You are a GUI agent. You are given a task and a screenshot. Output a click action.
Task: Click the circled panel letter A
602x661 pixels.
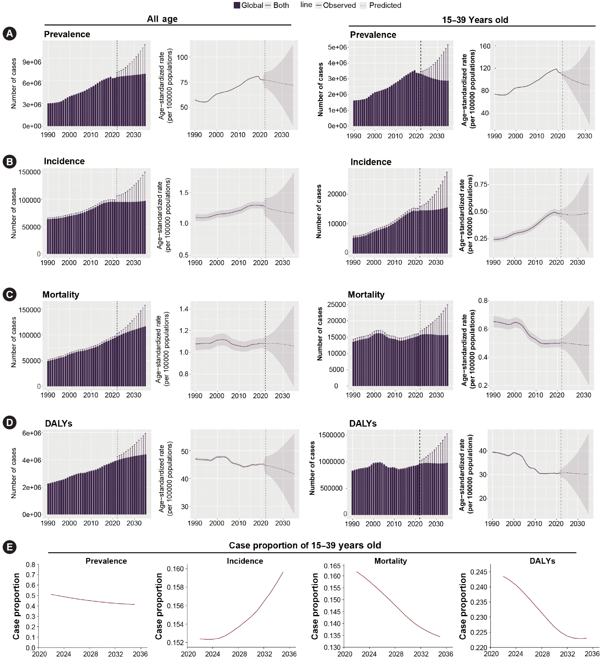click(x=9, y=34)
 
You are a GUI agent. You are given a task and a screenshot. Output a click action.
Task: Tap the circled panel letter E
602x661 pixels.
click(x=9, y=547)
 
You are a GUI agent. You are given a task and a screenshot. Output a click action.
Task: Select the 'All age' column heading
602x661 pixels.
click(x=162, y=19)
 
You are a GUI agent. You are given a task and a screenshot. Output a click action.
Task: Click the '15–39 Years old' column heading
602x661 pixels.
click(x=475, y=20)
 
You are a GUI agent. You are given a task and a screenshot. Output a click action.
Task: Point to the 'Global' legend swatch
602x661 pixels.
click(x=237, y=5)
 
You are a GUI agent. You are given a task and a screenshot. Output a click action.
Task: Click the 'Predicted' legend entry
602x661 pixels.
click(x=380, y=5)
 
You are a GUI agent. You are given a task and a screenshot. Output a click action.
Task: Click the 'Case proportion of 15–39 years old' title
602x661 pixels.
click(x=305, y=545)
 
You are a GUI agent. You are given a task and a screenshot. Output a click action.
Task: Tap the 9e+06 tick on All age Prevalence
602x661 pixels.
click(x=32, y=62)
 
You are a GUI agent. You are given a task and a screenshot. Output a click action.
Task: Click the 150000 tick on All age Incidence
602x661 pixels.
click(x=30, y=172)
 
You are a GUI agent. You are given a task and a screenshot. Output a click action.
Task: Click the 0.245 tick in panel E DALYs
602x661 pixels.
click(x=478, y=572)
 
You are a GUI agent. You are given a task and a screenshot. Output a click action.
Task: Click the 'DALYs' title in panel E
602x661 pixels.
click(x=542, y=561)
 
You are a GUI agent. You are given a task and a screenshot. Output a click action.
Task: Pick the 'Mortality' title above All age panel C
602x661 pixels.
click(x=61, y=294)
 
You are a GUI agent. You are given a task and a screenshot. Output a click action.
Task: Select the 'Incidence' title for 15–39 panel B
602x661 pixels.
click(x=371, y=162)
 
